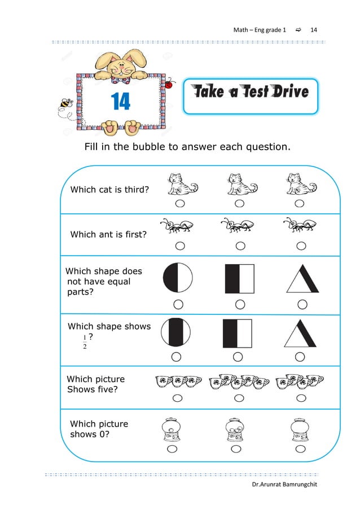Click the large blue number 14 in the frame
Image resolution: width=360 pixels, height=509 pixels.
[121, 102]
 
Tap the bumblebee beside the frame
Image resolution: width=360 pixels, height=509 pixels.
[65, 104]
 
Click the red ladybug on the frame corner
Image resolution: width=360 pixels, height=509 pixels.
[168, 85]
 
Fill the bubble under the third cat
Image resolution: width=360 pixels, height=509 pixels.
[300, 203]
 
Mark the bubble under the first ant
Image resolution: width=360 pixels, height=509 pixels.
[179, 245]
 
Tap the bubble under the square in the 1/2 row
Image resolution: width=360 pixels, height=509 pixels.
[238, 357]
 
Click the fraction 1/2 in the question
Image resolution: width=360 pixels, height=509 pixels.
[85, 342]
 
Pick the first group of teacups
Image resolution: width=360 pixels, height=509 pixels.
[178, 382]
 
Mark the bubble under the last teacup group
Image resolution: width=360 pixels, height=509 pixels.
[300, 398]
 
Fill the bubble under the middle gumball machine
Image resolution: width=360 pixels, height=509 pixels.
[234, 449]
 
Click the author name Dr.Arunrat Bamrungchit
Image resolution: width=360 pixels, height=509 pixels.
[286, 486]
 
